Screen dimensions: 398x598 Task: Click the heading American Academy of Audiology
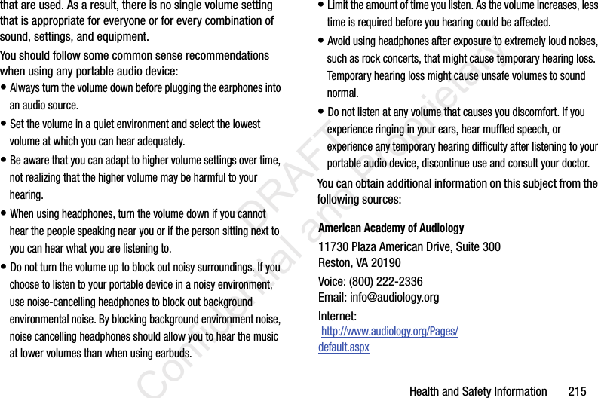391,228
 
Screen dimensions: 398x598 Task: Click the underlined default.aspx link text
344,347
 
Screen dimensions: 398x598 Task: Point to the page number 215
577,391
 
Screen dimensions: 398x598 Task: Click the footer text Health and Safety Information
477,391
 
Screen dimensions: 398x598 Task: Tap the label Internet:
337,316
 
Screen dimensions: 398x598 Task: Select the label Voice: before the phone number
333,281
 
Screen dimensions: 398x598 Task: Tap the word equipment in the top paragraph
124,37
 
